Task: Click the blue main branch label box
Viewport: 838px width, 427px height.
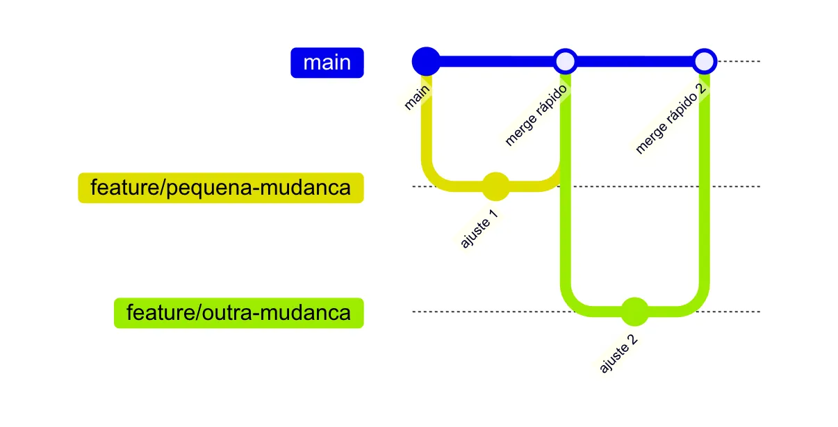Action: coord(327,63)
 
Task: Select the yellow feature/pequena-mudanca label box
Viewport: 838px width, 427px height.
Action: coord(221,188)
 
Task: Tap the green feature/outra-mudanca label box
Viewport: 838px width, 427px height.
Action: coord(238,313)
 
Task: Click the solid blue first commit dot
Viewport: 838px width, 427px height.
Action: coord(426,61)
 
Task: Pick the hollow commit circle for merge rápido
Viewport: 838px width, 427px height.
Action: coord(566,61)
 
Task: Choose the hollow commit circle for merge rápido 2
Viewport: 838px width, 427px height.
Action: coord(705,61)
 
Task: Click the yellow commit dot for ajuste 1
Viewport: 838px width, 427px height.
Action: coord(495,186)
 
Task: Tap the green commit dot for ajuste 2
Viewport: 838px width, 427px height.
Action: coord(635,312)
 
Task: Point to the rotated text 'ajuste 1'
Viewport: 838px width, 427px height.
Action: coord(479,229)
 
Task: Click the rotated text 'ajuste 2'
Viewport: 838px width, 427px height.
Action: coord(618,354)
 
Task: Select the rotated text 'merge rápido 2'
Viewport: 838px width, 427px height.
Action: coord(671,119)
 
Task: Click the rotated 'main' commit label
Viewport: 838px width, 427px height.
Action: coord(417,97)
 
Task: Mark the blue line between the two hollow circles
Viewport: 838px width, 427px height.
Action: coord(635,61)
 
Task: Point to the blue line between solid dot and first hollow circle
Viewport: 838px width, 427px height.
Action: coord(496,61)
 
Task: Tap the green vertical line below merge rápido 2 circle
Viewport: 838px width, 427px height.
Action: coord(705,180)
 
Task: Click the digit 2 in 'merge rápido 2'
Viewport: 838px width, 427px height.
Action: coord(700,89)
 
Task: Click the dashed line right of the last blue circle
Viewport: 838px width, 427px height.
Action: coord(739,61)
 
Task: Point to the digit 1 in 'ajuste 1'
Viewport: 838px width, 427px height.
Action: coord(494,215)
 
